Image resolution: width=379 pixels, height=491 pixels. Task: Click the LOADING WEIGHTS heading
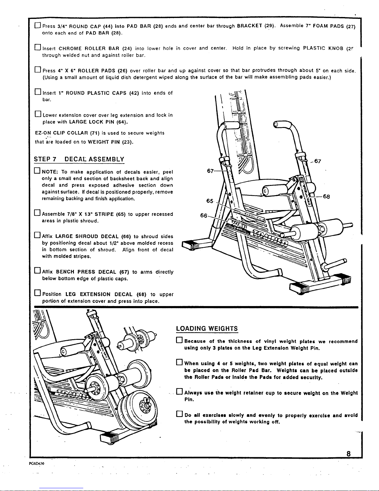207,329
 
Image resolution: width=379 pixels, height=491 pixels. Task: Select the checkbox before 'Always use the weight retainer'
179,393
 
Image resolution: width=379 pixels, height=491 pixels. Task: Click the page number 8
348,454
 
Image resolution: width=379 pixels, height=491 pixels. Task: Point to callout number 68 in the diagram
327,196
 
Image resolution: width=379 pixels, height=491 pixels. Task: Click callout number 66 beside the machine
204,216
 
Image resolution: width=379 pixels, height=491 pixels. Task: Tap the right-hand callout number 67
317,161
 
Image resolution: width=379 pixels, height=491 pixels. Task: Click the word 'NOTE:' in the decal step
50,172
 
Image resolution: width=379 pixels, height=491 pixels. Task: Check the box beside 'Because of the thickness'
179,341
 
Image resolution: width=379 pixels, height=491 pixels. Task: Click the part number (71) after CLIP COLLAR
94,133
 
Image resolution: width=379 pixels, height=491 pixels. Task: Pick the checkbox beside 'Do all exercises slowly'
179,415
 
